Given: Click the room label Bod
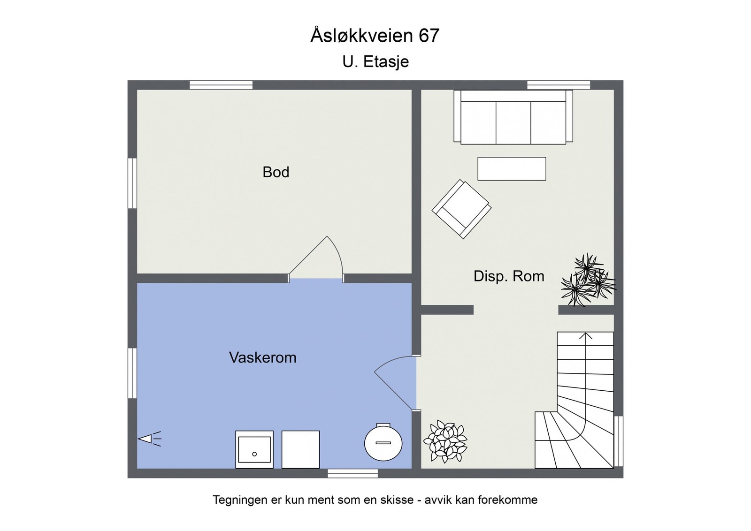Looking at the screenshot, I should point(276,172).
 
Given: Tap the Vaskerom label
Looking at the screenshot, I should point(262,357).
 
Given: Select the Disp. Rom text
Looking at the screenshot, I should point(509,276).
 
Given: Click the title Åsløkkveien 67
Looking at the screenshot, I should point(375,36).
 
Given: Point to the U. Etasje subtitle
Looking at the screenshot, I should point(375,61).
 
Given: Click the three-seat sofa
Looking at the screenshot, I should point(513,117).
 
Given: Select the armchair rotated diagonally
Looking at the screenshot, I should point(461,209).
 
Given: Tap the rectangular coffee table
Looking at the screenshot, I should point(512,169).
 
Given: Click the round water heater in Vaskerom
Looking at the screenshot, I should point(383,442).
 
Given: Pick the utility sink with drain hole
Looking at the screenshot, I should point(254,449).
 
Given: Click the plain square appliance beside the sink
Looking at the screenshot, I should point(300,449).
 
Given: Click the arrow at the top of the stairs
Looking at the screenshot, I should point(585,336).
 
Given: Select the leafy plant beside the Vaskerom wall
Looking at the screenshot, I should point(444,441).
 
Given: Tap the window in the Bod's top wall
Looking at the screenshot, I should point(221,85).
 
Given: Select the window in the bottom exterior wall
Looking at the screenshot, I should point(353,473).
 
